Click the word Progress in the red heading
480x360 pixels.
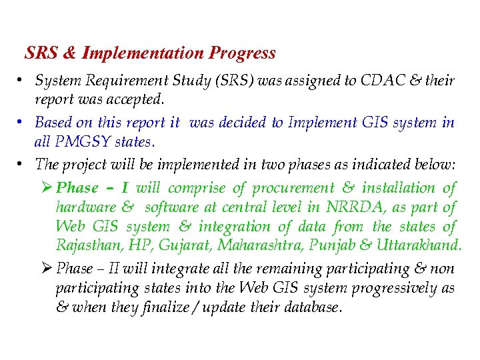242,53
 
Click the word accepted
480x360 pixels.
137,100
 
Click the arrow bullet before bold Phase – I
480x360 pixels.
47,189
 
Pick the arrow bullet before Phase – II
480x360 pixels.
47,269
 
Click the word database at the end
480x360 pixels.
315,308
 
